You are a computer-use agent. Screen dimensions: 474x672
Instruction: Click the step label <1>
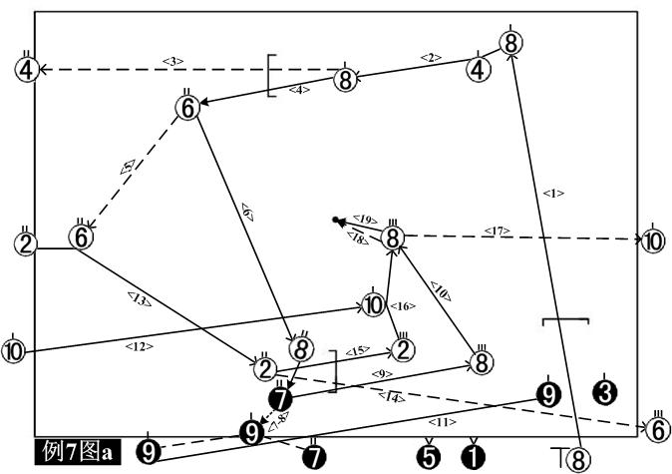click(x=554, y=193)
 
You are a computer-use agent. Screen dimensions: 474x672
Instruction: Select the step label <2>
click(x=431, y=57)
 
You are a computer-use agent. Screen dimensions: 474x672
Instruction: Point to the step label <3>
click(x=172, y=62)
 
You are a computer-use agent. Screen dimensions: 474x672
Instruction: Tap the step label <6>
click(x=245, y=211)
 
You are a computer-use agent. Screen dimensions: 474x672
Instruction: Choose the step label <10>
click(x=439, y=290)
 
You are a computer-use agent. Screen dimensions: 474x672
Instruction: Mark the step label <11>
click(x=445, y=422)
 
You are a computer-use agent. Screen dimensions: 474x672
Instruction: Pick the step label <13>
click(x=140, y=296)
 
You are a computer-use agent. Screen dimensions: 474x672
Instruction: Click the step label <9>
click(x=381, y=373)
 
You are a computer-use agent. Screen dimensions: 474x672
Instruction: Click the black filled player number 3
click(x=603, y=392)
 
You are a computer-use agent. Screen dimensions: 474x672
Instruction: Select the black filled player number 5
click(x=429, y=457)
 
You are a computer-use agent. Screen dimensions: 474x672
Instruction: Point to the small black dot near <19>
click(x=338, y=220)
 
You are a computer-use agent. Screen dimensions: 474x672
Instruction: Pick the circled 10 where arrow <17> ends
click(x=652, y=241)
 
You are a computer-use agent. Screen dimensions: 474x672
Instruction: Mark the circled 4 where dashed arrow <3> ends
click(x=26, y=69)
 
